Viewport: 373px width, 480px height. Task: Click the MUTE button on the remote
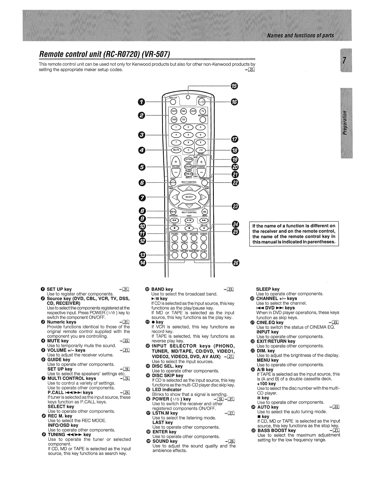[176, 150]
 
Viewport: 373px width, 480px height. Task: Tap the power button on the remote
[202, 102]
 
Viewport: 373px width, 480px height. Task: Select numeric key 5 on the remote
[188, 135]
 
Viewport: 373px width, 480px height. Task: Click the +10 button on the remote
[200, 150]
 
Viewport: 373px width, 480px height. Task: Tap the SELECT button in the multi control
[189, 197]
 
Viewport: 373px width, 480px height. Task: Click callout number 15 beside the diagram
[234, 86]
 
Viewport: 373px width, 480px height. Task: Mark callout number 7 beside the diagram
[142, 197]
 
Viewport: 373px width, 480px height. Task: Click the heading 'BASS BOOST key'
[276, 430]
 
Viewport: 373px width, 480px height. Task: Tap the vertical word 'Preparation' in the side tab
[345, 123]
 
